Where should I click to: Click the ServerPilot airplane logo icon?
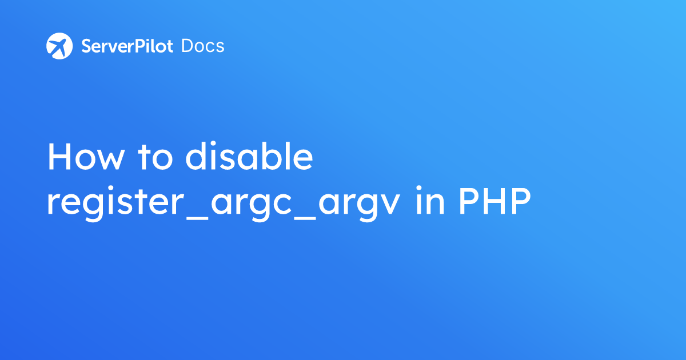pos(59,46)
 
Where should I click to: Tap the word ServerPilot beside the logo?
pos(127,46)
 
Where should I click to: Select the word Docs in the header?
pos(203,46)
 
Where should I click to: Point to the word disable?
pos(249,157)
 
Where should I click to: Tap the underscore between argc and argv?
pos(308,216)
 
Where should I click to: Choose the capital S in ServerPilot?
pos(87,46)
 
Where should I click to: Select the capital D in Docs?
pos(187,46)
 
